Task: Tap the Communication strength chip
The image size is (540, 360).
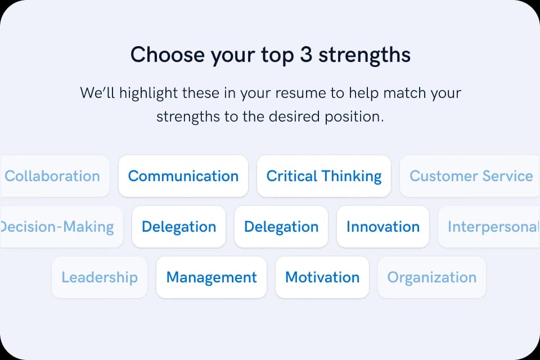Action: (x=183, y=176)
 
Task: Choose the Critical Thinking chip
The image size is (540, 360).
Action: (x=324, y=176)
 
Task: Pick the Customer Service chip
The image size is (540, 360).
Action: (x=471, y=176)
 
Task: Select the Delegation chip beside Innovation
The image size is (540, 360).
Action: (x=281, y=227)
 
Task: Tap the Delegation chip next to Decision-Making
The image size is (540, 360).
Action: (x=179, y=227)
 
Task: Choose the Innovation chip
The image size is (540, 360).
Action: (x=383, y=227)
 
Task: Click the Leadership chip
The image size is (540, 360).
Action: (x=100, y=277)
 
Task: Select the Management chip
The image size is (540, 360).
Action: (x=211, y=277)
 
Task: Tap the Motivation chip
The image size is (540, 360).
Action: (x=322, y=277)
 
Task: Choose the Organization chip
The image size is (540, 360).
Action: (x=432, y=277)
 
